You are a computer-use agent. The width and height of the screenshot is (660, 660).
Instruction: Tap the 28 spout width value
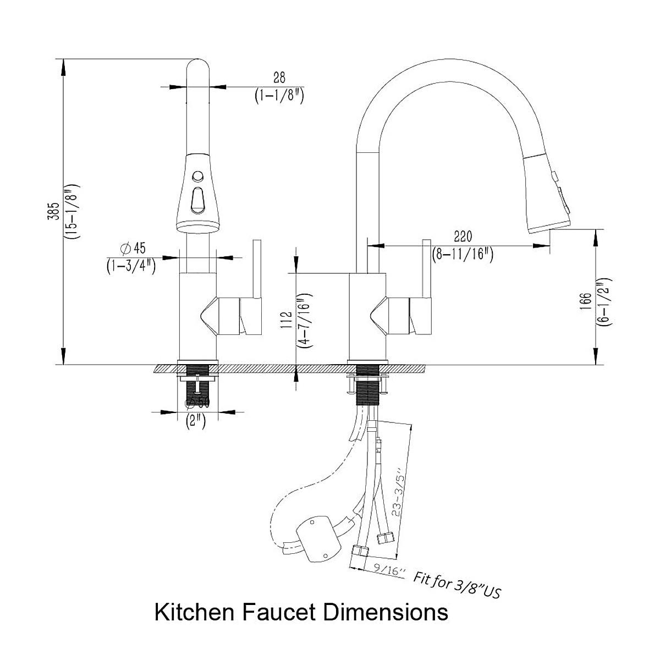pyautogui.click(x=279, y=78)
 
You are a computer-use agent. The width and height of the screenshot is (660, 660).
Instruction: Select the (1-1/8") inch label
pyautogui.click(x=279, y=95)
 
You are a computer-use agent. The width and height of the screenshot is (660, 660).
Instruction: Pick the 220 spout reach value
pyautogui.click(x=463, y=237)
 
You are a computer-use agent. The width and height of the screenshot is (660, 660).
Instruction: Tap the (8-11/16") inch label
pyautogui.click(x=463, y=254)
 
